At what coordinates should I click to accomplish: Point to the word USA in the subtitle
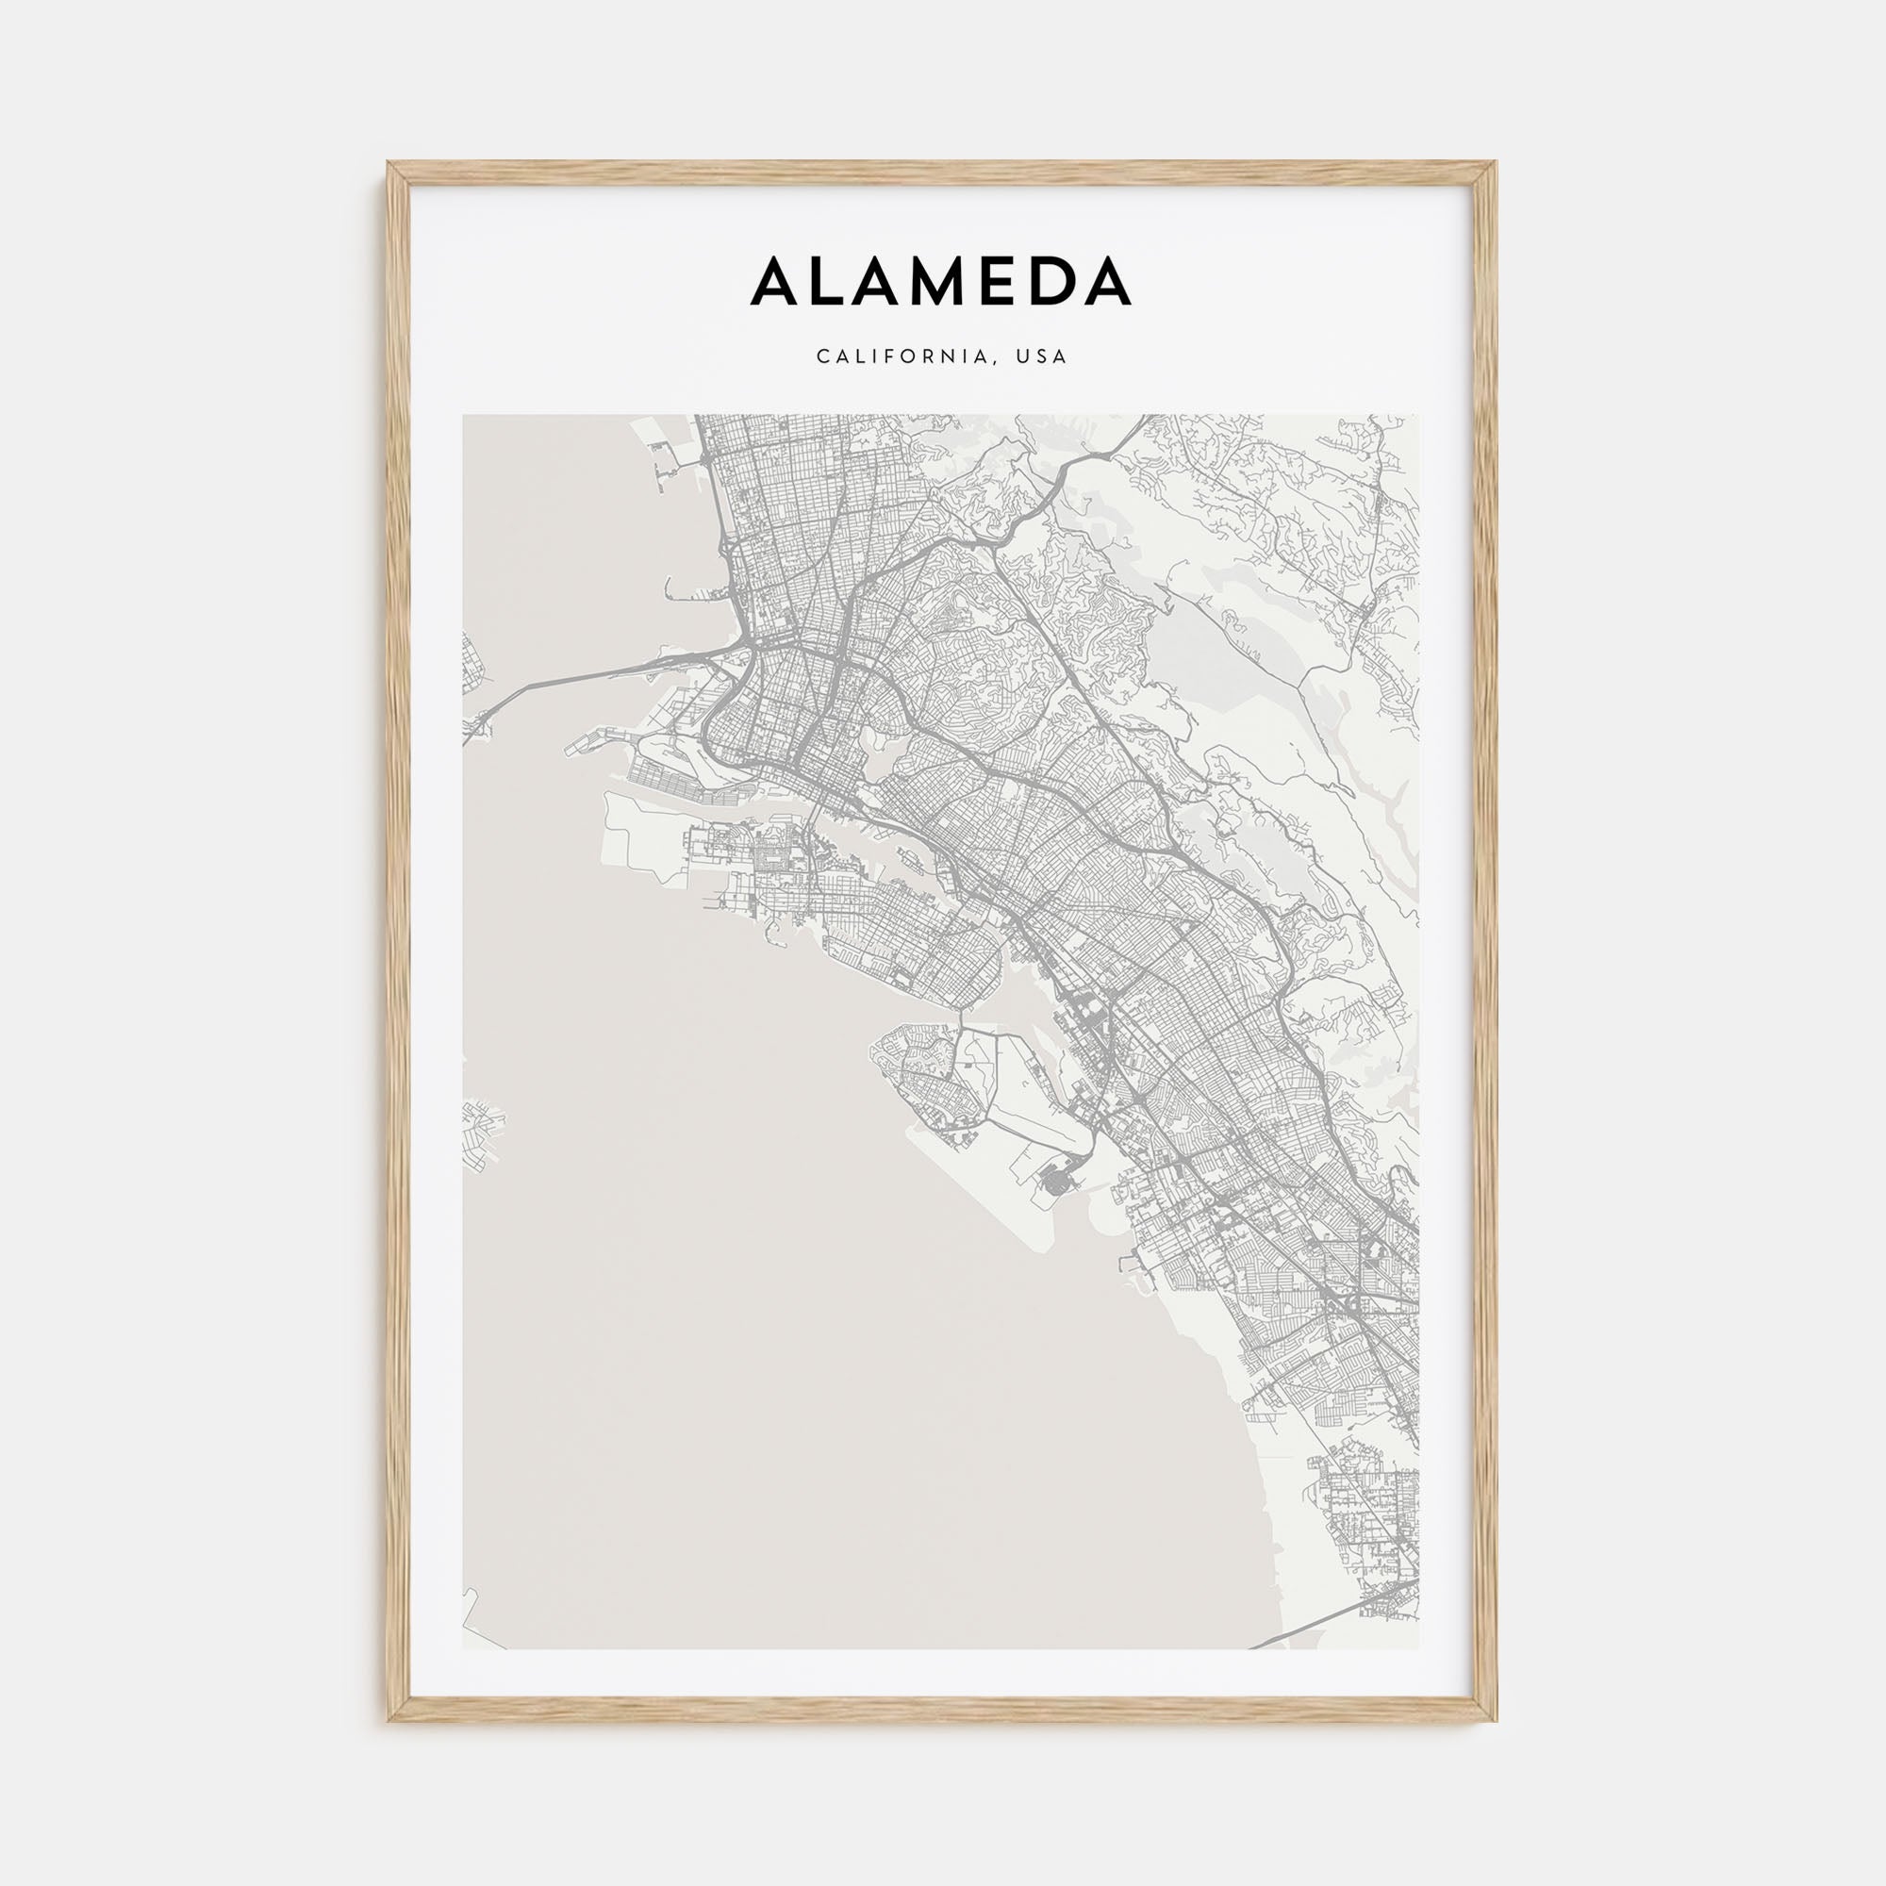tap(1042, 357)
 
